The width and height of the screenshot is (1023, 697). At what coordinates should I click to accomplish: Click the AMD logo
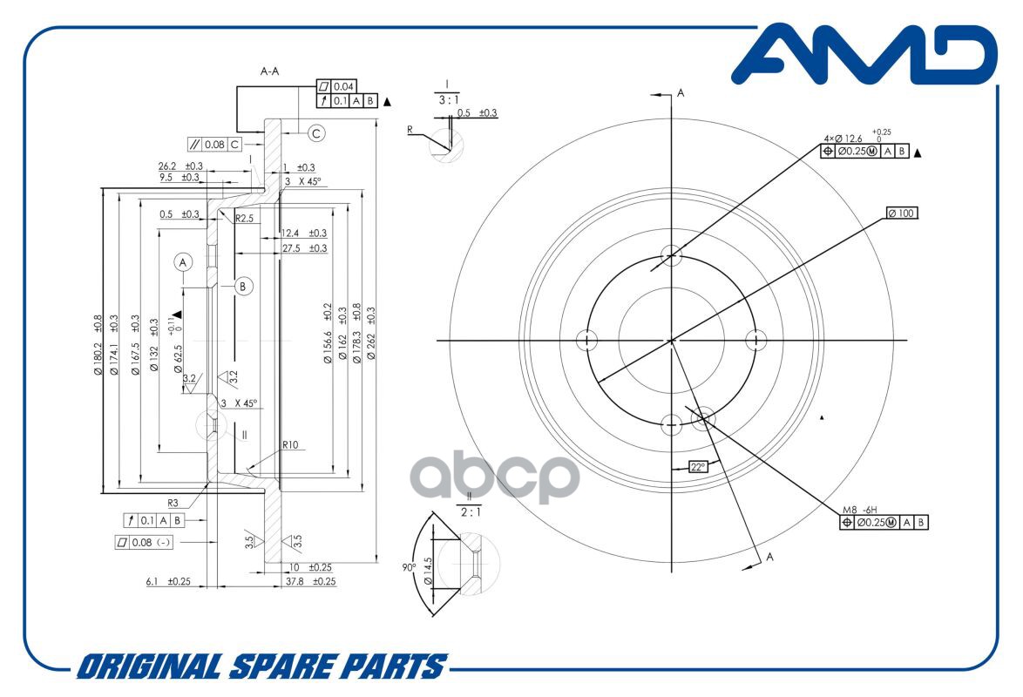point(864,55)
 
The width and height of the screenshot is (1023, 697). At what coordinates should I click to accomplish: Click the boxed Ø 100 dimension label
point(902,213)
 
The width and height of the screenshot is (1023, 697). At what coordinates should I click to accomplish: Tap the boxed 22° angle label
point(698,467)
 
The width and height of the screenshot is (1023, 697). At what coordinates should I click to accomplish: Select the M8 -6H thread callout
point(860,510)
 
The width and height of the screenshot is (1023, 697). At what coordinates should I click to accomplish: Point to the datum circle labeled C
point(316,133)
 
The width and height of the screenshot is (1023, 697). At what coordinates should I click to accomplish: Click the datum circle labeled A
point(183,262)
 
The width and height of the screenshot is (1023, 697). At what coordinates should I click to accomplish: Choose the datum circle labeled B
point(243,286)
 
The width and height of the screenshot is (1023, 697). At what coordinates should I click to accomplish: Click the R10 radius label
point(290,445)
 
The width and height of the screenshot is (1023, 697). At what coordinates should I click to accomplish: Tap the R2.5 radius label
point(244,218)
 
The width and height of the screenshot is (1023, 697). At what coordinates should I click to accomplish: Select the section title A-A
point(269,71)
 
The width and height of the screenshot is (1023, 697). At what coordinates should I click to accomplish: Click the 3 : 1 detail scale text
point(448,100)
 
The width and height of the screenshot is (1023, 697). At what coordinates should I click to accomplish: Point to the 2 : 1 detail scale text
point(471,512)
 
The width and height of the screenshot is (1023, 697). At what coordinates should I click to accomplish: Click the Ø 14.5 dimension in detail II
point(427,571)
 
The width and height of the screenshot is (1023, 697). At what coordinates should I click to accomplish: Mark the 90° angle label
point(409,568)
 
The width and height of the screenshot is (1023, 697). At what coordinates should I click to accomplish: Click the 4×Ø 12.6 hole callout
point(843,139)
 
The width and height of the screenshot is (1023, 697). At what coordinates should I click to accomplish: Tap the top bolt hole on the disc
point(671,255)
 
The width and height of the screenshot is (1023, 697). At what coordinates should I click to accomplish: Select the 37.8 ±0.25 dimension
point(310,581)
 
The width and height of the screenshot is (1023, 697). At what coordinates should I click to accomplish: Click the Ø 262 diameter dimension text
point(371,334)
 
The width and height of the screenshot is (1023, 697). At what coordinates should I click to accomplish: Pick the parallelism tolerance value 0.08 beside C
point(214,145)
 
